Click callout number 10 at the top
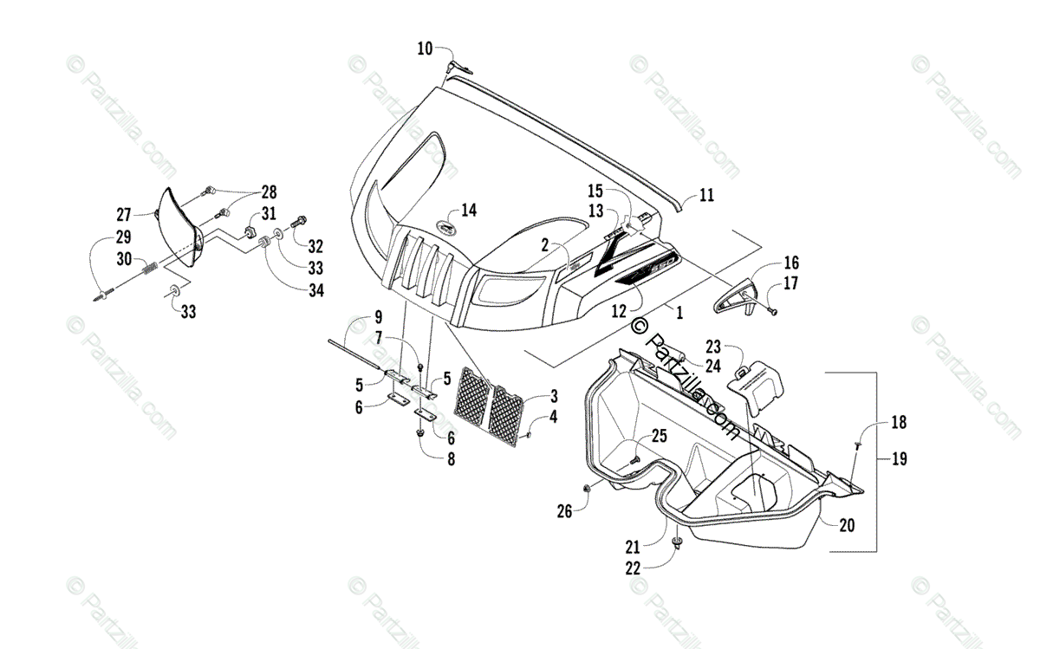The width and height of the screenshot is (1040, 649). pyautogui.click(x=425, y=49)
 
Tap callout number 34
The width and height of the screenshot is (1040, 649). pyautogui.click(x=315, y=290)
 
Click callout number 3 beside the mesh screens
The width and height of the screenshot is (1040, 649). pyautogui.click(x=553, y=396)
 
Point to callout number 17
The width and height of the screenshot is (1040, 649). pyautogui.click(x=791, y=282)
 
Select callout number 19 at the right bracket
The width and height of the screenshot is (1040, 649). pyautogui.click(x=899, y=459)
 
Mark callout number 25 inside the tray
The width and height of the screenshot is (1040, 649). pyautogui.click(x=659, y=436)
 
